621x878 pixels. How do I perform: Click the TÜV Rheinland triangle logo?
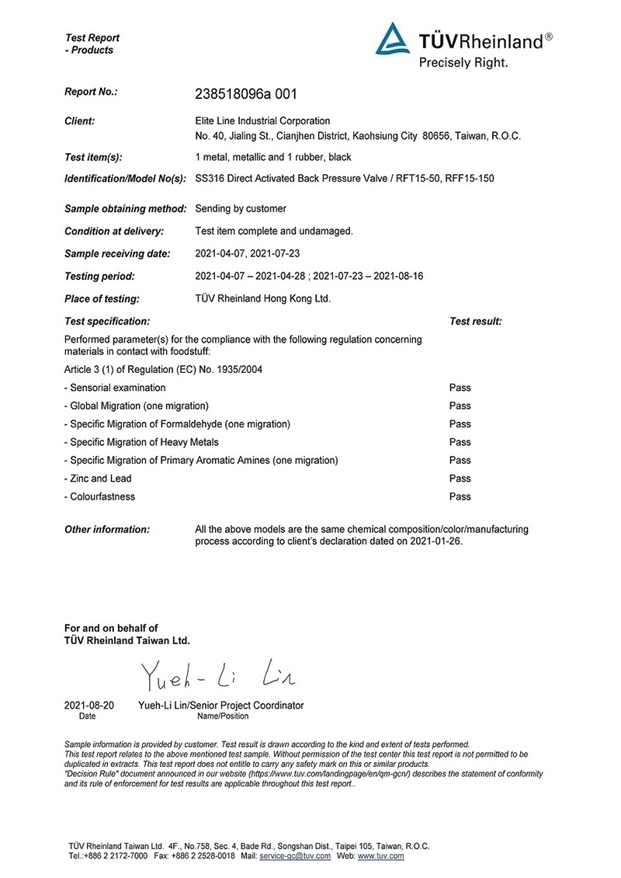coord(394,40)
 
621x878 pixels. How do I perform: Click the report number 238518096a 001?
coord(246,94)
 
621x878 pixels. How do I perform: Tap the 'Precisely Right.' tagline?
coord(463,63)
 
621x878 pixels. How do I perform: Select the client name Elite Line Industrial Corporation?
coord(262,120)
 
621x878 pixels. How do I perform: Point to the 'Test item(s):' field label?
coord(93,157)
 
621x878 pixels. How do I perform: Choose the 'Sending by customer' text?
coord(241,208)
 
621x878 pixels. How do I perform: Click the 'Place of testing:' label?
coord(102,298)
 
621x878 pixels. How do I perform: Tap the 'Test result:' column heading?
coord(475,321)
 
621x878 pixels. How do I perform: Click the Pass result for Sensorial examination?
coord(460,388)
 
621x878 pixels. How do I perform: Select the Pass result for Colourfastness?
coord(460,496)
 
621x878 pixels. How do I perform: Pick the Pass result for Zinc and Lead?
coord(460,479)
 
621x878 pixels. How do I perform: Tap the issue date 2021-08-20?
coord(88,706)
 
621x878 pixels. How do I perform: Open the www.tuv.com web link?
coord(380,856)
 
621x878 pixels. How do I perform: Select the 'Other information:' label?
coord(106,529)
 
